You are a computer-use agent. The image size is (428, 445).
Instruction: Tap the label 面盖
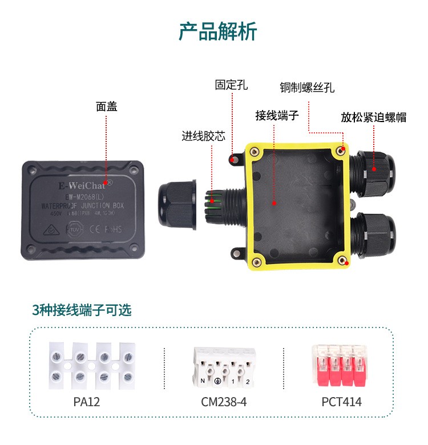click(x=107, y=106)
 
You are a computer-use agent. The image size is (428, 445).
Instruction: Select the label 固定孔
click(x=231, y=85)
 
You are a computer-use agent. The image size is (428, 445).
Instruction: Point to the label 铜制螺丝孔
click(x=306, y=88)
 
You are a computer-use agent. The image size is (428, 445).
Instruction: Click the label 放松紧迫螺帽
click(x=373, y=118)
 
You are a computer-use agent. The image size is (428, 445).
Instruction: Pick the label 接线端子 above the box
click(x=277, y=115)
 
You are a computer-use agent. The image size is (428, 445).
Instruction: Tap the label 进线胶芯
click(x=203, y=136)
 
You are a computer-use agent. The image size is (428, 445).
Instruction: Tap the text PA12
click(x=87, y=402)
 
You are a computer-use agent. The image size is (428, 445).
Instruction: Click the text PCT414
click(x=341, y=402)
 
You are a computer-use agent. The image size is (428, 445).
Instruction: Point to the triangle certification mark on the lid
click(x=50, y=229)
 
